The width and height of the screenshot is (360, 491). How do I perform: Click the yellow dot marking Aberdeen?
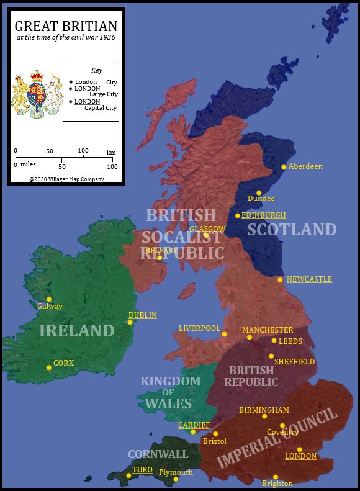(x=284, y=167)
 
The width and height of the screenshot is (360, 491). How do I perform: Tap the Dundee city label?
(x=261, y=199)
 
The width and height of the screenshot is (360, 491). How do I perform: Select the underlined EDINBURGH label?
(x=264, y=215)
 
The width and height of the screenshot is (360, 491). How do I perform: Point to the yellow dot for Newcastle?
(x=280, y=280)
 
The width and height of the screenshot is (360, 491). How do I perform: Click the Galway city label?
(x=50, y=306)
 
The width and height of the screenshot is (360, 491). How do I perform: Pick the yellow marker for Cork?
(x=48, y=367)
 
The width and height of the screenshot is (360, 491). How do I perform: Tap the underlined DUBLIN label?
(x=142, y=315)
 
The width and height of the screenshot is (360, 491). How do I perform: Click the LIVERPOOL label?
(x=199, y=328)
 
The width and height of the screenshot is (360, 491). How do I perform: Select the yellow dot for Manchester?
(x=250, y=338)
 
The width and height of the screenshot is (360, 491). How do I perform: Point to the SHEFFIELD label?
(x=294, y=361)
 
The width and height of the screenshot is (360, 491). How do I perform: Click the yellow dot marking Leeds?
(x=274, y=340)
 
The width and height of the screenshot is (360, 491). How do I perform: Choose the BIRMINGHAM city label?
(x=264, y=410)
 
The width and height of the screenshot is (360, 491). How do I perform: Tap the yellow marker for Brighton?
(x=276, y=477)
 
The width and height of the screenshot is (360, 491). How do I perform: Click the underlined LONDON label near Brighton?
(x=300, y=456)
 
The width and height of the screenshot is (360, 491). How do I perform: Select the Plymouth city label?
(x=176, y=472)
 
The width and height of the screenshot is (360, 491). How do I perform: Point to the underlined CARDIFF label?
(x=194, y=425)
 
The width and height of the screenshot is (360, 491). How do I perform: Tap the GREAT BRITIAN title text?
(x=66, y=26)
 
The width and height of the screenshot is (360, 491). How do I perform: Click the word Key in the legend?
(x=96, y=70)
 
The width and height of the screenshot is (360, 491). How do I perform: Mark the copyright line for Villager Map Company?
(x=66, y=179)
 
